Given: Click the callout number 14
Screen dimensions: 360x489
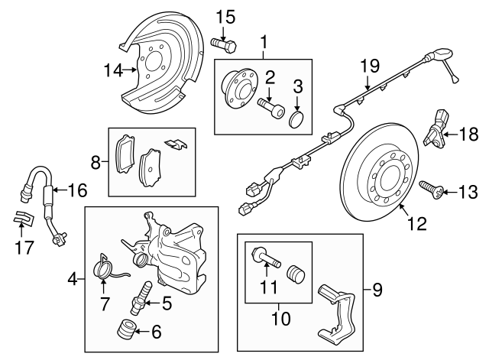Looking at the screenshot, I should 112,70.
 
